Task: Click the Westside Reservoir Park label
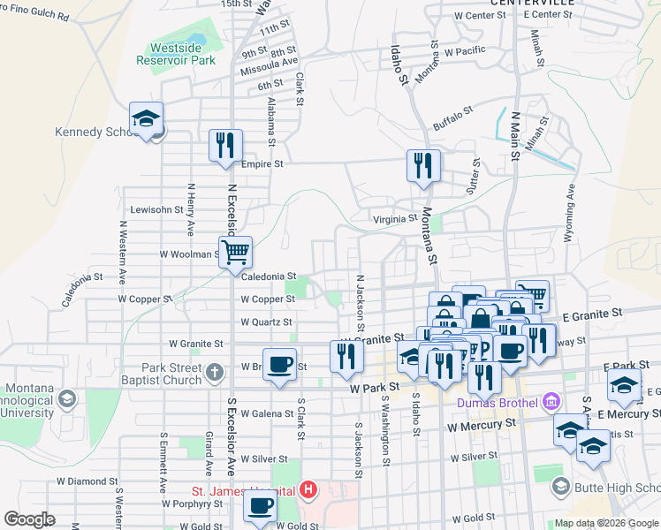[x=176, y=54]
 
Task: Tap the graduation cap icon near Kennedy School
[x=147, y=119]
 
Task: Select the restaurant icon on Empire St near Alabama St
[x=224, y=146]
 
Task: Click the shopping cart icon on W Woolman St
[x=235, y=253]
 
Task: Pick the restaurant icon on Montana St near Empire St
[x=423, y=165]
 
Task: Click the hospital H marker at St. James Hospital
[x=308, y=488]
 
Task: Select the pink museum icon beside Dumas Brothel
[x=553, y=403]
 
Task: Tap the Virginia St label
[x=395, y=219]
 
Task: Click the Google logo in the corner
[x=30, y=519]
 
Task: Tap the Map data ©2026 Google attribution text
[x=606, y=523]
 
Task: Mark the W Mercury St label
[x=482, y=425]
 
